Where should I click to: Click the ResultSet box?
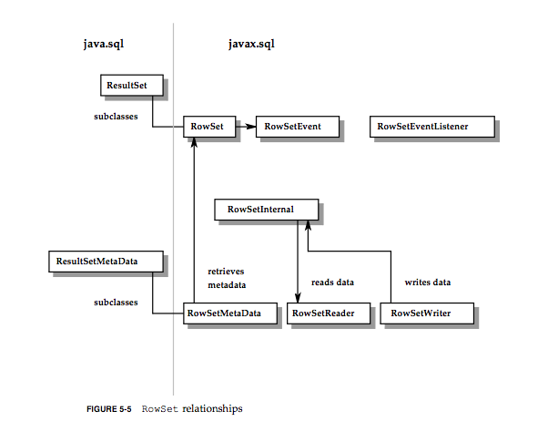click(x=132, y=86)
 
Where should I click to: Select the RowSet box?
click(x=203, y=127)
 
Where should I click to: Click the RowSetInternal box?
click(x=266, y=210)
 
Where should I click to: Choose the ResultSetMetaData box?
click(x=105, y=262)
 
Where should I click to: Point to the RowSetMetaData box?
click(x=223, y=314)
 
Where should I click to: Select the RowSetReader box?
click(x=328, y=314)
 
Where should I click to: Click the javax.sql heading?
click(x=252, y=44)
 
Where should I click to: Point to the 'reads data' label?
click(x=333, y=283)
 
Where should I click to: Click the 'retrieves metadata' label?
click(x=227, y=278)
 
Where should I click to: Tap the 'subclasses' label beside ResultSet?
click(x=116, y=117)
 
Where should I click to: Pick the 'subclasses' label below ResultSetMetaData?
click(x=117, y=302)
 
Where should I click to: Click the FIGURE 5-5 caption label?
click(x=108, y=409)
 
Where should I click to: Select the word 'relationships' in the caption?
click(x=212, y=409)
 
